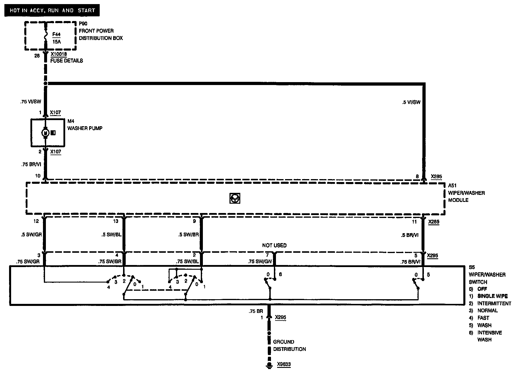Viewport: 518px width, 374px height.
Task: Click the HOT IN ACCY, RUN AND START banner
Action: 52,11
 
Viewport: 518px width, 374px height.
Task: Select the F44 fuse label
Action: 56,34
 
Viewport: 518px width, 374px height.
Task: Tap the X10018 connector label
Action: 59,54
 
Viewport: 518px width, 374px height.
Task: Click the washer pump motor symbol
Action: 45,133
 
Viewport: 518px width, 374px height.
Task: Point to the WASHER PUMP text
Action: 85,128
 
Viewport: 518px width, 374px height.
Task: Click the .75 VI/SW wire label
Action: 31,102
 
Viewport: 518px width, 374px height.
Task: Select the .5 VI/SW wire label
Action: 411,102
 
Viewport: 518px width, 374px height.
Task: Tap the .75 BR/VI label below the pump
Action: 31,165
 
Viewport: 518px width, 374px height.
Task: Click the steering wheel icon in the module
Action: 235,199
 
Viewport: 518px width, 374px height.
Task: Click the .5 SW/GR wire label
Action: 31,235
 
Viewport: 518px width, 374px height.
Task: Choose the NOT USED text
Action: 274,245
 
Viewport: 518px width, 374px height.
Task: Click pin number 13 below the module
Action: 116,221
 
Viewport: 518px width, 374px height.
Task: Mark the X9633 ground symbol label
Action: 284,364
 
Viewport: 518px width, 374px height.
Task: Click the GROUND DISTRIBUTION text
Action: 289,345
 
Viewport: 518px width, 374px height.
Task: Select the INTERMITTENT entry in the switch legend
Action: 494,303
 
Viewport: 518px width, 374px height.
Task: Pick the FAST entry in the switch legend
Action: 483,318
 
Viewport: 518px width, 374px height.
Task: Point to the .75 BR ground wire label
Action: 256,311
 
